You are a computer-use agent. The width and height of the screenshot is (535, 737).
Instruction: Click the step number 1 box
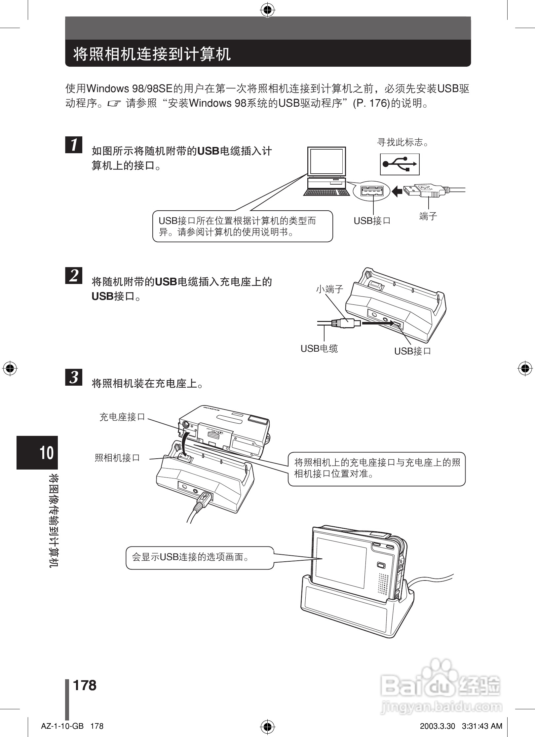click(x=74, y=145)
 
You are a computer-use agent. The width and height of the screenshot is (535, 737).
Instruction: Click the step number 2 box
click(x=74, y=275)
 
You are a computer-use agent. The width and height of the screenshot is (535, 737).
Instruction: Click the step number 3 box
click(x=74, y=377)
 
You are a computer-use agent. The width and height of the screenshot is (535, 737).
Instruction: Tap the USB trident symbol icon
click(x=400, y=164)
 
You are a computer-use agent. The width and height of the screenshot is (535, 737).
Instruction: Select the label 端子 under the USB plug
click(x=428, y=217)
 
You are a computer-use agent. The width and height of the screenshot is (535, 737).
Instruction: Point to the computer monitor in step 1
click(x=326, y=161)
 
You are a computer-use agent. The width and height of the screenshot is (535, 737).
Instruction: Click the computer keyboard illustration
click(x=326, y=192)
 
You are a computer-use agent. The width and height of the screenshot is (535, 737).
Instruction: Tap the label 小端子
click(x=329, y=289)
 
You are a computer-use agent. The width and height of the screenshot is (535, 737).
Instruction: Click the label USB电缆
click(x=319, y=348)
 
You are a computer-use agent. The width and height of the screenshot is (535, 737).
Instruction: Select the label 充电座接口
click(x=122, y=417)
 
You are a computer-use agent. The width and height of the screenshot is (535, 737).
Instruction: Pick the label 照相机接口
click(x=117, y=458)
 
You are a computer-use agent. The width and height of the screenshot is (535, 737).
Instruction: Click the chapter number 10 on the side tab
click(x=47, y=453)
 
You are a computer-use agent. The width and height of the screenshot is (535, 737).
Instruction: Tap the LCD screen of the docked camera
click(x=341, y=561)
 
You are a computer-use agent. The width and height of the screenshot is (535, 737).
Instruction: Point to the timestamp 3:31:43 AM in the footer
click(x=482, y=726)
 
